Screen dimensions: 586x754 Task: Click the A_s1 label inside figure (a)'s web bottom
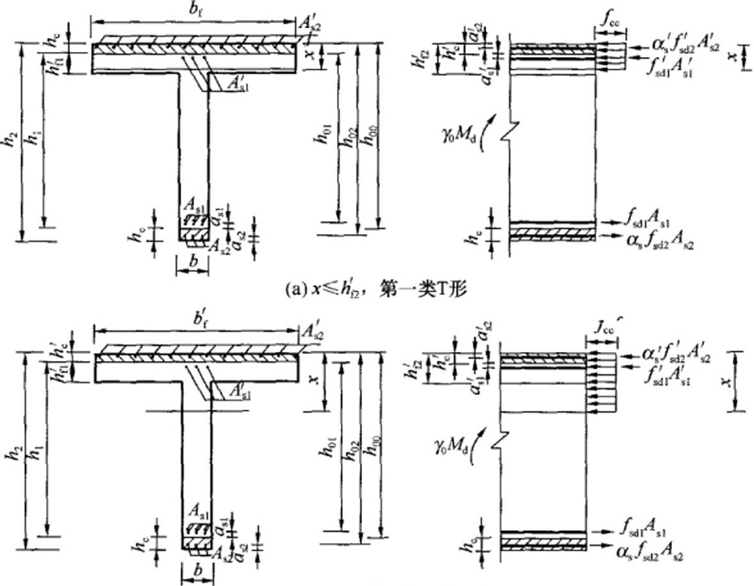(x=193, y=206)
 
